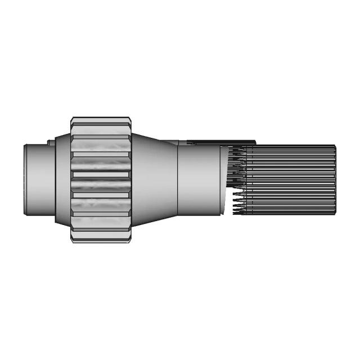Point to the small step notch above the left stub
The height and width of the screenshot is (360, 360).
[51, 142]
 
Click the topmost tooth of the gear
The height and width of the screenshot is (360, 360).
[101, 120]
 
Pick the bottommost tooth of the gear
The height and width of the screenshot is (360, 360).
[101, 238]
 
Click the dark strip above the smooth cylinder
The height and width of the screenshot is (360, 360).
[219, 142]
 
